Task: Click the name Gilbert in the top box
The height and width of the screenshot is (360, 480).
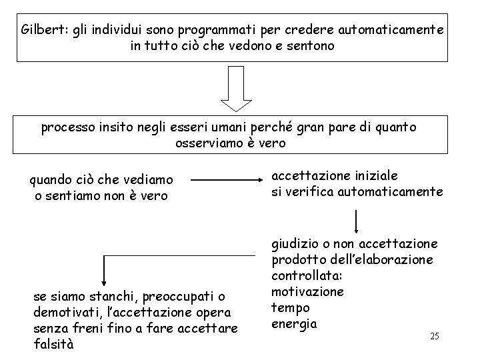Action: coord(39,30)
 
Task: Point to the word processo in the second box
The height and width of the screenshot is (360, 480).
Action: coord(66,127)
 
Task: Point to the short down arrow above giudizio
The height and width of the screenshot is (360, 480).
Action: coord(357,221)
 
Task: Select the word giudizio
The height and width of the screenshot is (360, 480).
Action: coord(295,243)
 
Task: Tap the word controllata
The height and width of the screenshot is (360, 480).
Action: coord(301,275)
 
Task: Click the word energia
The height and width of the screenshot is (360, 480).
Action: coord(293,324)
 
